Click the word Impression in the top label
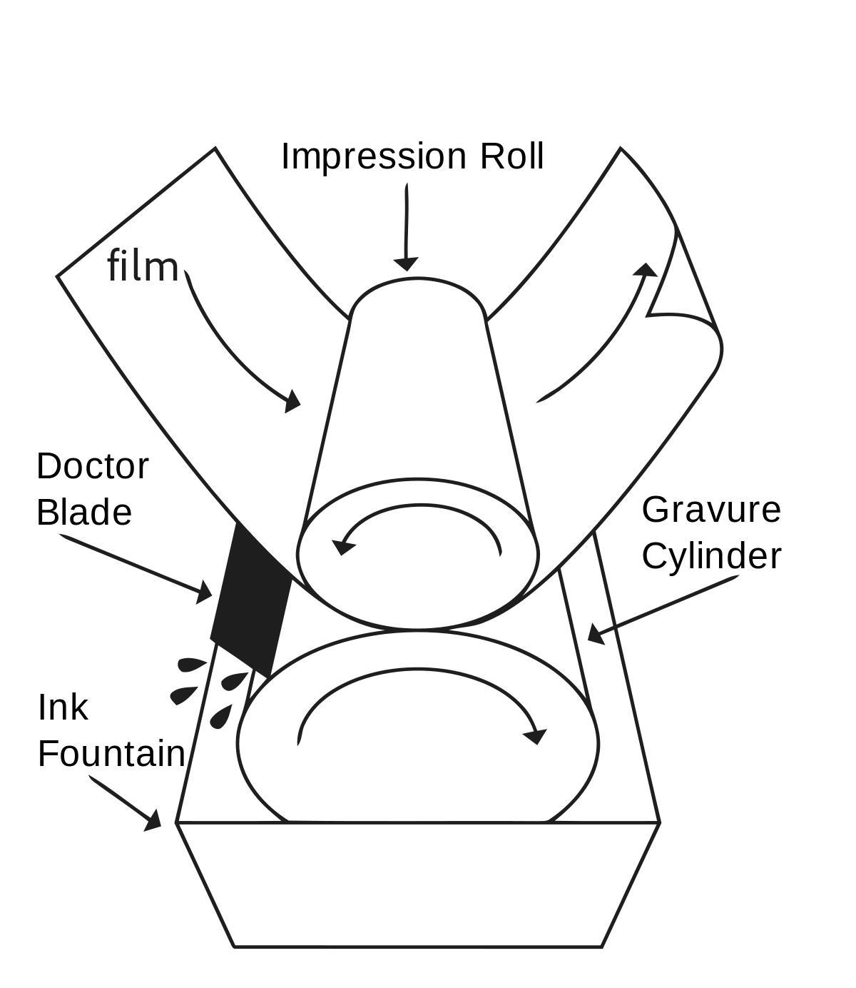point(374,158)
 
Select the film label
point(143,266)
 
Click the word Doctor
point(93,466)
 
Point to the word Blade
point(84,512)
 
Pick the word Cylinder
point(711,556)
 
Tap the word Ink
point(63,707)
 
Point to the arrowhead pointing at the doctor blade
point(205,593)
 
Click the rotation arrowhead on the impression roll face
point(342,547)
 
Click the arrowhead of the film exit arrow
point(646,270)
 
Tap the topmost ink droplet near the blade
point(191,665)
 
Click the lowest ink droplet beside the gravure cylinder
point(220,717)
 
